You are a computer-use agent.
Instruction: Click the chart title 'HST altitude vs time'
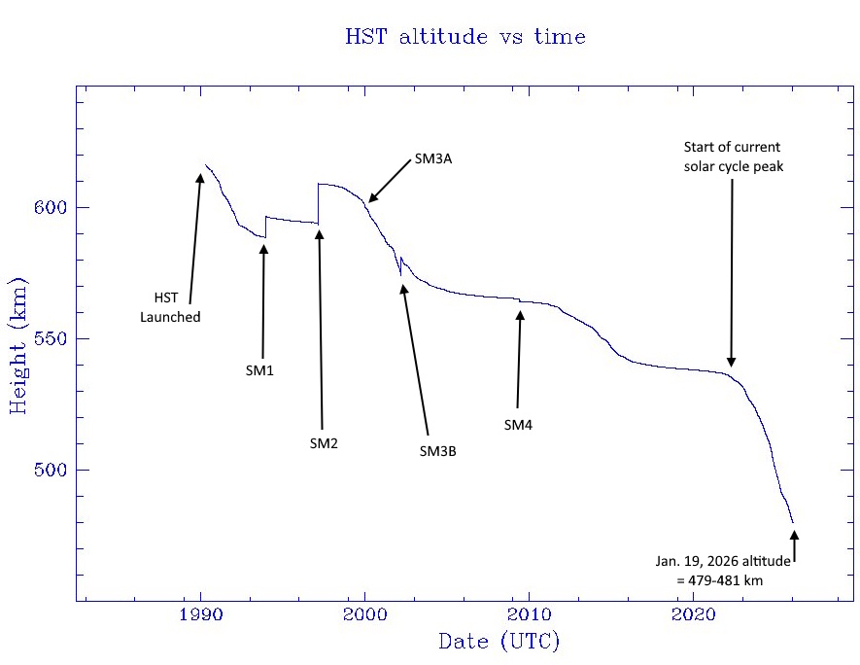click(465, 38)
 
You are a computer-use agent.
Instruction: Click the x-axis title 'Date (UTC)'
click(499, 641)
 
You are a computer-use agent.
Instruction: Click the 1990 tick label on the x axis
click(200, 614)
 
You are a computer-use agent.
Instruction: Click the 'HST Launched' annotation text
click(170, 307)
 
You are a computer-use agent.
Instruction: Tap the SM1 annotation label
click(259, 370)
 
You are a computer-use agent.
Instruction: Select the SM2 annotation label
click(324, 443)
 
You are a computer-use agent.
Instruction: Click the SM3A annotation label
click(433, 158)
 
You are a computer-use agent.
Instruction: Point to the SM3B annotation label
click(437, 450)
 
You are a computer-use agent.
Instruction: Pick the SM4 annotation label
click(518, 425)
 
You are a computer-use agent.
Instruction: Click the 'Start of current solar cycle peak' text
click(732, 157)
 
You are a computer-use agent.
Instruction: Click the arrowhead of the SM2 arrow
click(319, 234)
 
